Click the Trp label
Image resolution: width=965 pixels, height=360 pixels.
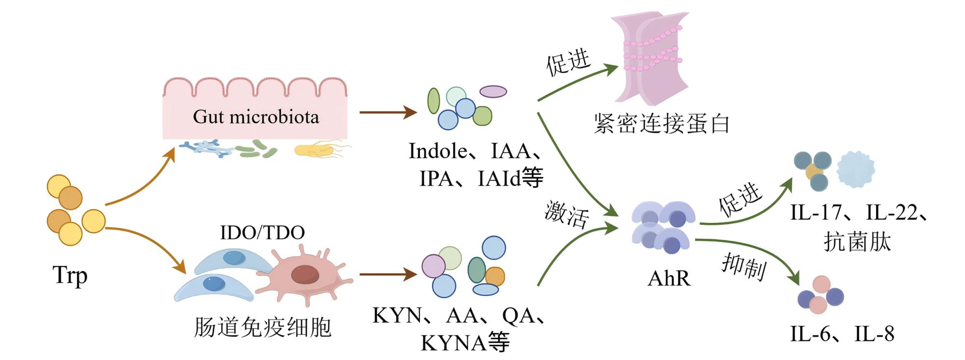pyautogui.click(x=70, y=276)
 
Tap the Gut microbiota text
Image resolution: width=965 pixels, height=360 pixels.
pyautogui.click(x=256, y=117)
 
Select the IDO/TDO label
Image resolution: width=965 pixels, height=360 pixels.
pyautogui.click(x=262, y=233)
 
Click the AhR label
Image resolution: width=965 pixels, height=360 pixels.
pyautogui.click(x=669, y=278)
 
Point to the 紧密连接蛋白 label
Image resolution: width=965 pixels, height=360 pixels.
pyautogui.click(x=662, y=124)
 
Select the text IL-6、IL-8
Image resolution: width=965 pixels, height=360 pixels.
pyautogui.click(x=842, y=334)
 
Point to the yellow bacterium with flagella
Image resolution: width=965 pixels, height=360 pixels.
pyautogui.click(x=321, y=150)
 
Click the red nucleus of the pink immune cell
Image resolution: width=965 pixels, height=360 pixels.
pyautogui.click(x=305, y=274)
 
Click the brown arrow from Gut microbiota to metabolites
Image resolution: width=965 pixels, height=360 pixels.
pyautogui.click(x=388, y=113)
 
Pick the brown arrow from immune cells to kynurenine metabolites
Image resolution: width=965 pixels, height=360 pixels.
pyautogui.click(x=388, y=275)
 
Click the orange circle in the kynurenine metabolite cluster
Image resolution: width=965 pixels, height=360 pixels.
pyautogui.click(x=495, y=277)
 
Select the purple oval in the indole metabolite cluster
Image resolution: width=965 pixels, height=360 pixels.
pyautogui.click(x=493, y=91)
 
